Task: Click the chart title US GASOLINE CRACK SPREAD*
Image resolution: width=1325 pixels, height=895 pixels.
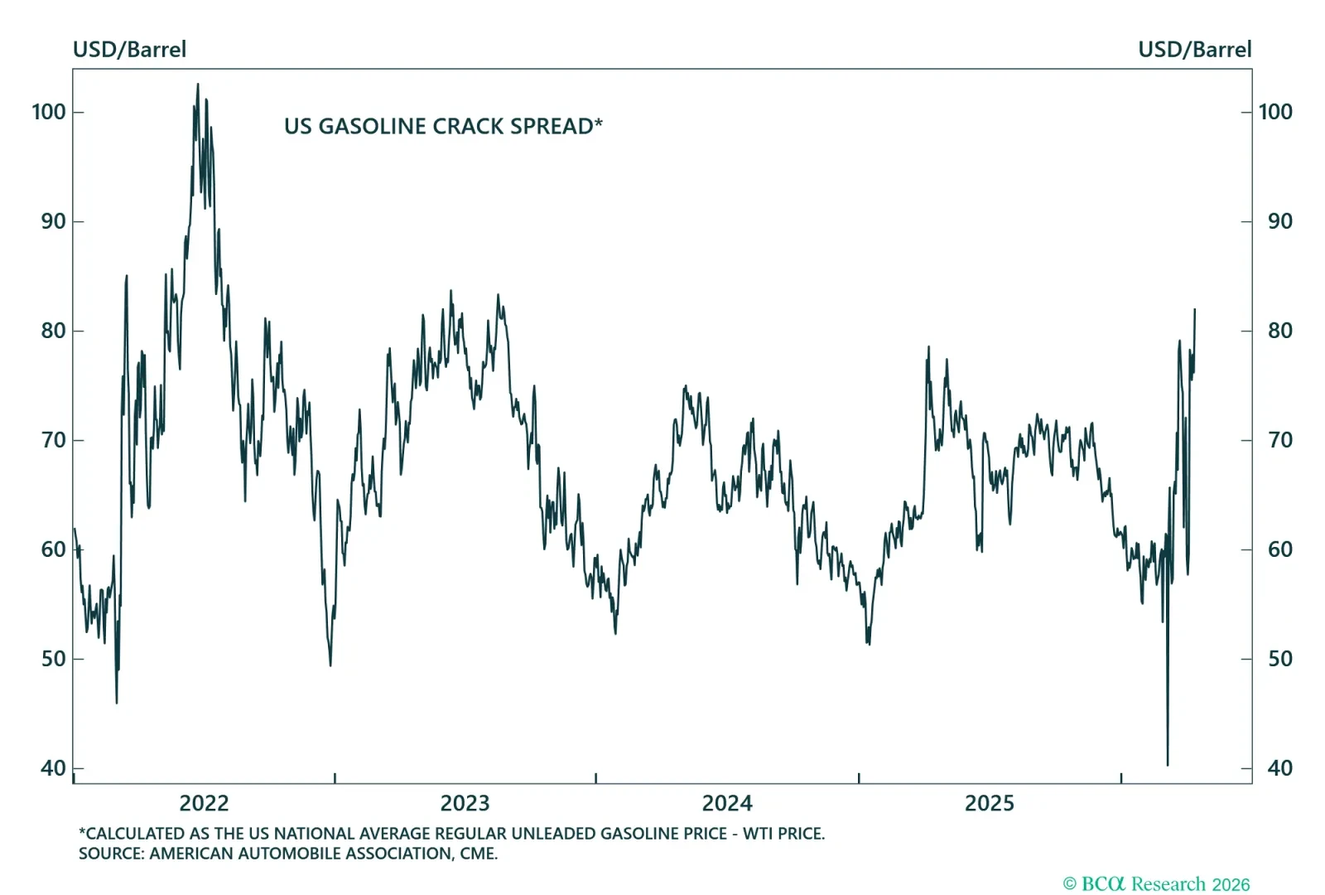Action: click(x=443, y=126)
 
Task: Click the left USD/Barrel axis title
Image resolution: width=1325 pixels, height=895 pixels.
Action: click(x=129, y=50)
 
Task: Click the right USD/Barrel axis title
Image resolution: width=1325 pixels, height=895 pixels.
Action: click(x=1194, y=50)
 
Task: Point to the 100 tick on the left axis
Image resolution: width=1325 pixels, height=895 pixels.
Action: click(x=48, y=112)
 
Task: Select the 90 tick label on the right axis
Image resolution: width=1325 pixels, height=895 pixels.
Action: click(x=1279, y=221)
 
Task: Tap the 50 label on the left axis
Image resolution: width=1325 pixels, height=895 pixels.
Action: click(x=53, y=659)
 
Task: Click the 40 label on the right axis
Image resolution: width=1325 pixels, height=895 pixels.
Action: click(x=1279, y=768)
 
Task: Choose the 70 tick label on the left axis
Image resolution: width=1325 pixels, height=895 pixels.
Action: click(x=53, y=440)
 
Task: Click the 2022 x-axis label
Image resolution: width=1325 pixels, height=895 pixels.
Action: click(x=204, y=803)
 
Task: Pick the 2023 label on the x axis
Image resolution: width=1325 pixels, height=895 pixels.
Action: click(x=465, y=803)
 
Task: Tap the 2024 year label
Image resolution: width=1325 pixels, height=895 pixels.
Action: click(x=727, y=803)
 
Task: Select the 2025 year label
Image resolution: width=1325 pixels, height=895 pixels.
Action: click(x=989, y=803)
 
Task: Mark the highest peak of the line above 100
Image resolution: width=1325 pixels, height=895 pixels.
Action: click(x=197, y=84)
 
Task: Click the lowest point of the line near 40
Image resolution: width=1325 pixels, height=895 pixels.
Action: click(x=1168, y=764)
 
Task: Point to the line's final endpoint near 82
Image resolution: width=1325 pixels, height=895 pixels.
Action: click(x=1195, y=310)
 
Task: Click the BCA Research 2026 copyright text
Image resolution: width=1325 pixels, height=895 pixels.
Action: click(x=1156, y=884)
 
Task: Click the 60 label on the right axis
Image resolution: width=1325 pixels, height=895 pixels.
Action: click(x=1279, y=549)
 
